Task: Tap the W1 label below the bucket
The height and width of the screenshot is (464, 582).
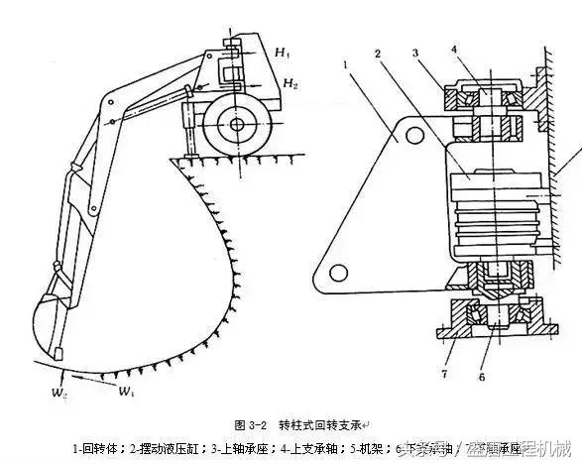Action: (127, 392)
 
